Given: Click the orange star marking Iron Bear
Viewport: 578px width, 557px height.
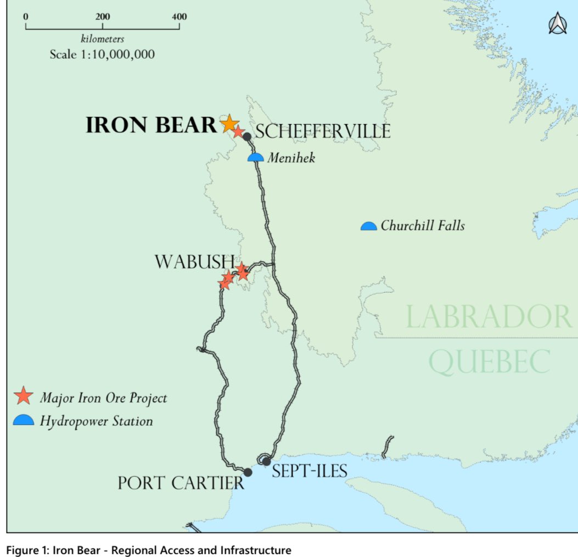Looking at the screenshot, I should click(x=228, y=124).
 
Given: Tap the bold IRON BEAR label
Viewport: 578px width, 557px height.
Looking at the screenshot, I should click(x=151, y=125).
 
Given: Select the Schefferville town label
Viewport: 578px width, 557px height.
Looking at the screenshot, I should click(x=323, y=132).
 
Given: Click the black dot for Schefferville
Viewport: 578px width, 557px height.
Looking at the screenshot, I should click(x=247, y=136).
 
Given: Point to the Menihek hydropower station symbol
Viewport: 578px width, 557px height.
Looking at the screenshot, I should click(x=255, y=158).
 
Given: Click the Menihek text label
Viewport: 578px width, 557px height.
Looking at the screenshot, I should click(x=291, y=159).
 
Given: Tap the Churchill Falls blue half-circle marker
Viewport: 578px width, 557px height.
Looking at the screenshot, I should click(x=368, y=226).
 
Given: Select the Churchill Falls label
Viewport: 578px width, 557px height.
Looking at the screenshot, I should click(x=422, y=226).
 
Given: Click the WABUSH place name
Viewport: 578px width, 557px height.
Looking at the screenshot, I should click(x=194, y=262).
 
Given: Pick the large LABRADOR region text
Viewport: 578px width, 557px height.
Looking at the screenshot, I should click(x=487, y=318).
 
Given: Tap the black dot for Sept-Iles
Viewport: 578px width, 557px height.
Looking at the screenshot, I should click(x=267, y=461).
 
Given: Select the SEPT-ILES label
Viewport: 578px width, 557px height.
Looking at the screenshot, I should click(x=310, y=471).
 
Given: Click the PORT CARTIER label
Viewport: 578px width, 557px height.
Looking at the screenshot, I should click(x=181, y=483).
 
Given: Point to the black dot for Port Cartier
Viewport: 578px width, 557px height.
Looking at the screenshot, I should click(x=248, y=472).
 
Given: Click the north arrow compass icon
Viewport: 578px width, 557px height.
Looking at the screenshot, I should click(x=557, y=24).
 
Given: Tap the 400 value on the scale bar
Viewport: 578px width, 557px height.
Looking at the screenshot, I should click(x=179, y=16).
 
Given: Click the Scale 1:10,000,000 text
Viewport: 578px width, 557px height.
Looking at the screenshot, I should click(x=102, y=54).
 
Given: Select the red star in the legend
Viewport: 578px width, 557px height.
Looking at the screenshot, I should click(x=23, y=396).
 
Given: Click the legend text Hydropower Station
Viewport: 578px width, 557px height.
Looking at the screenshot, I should click(x=96, y=421).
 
